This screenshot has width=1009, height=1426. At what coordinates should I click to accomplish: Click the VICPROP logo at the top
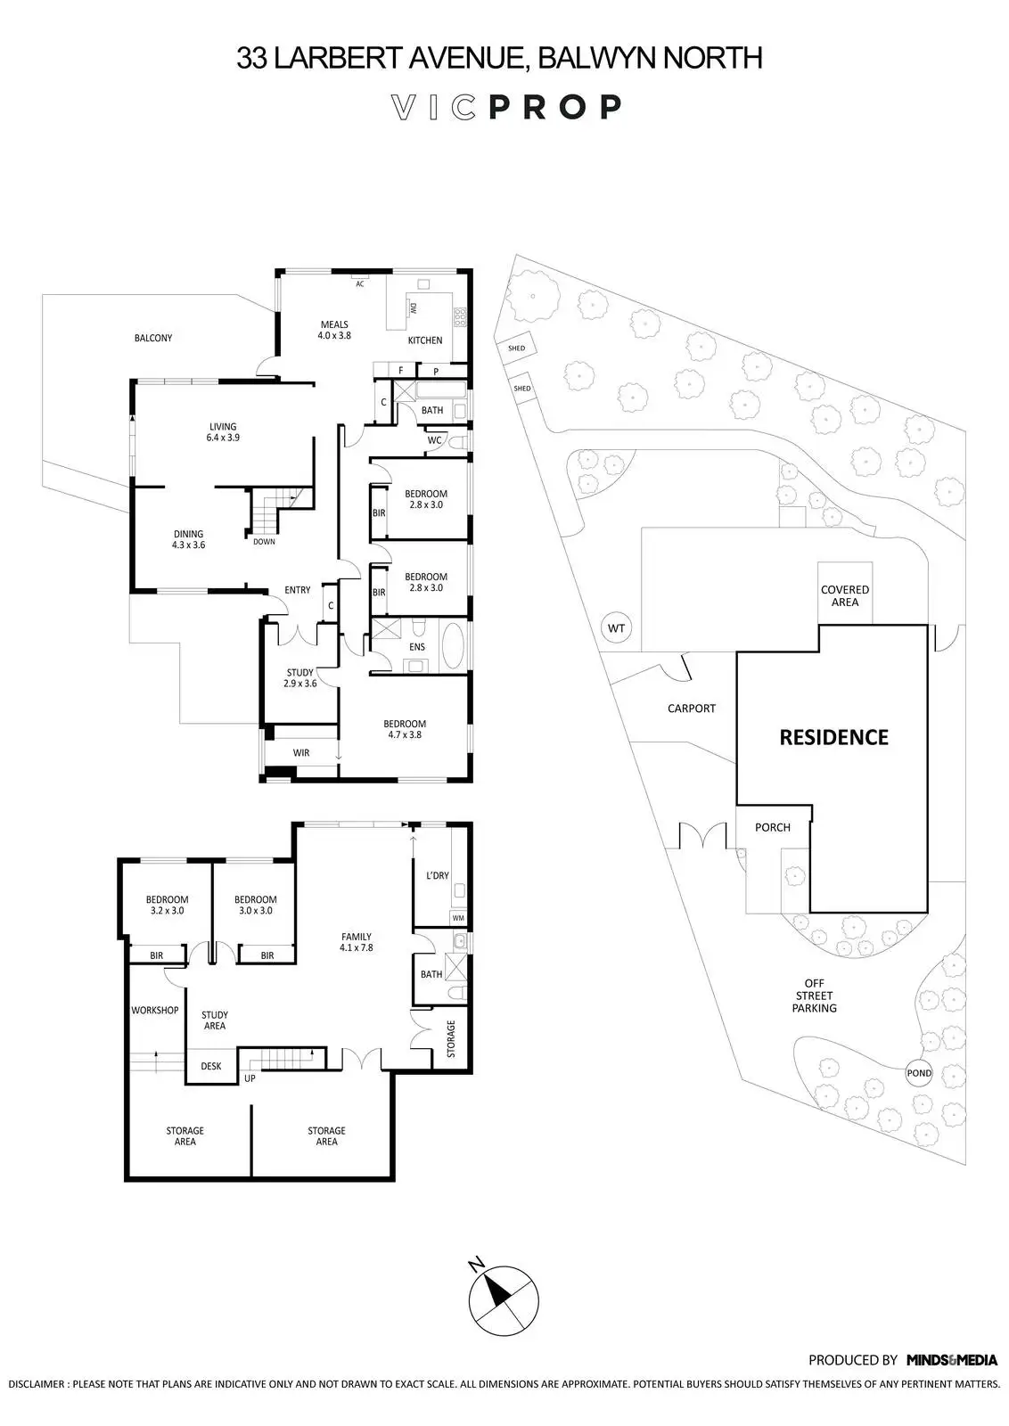[x=506, y=107]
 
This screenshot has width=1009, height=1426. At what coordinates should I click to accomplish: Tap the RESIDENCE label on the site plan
[x=833, y=737]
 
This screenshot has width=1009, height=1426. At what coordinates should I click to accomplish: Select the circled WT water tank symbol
[x=616, y=628]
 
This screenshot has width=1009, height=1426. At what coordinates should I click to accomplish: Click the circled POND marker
[x=919, y=1073]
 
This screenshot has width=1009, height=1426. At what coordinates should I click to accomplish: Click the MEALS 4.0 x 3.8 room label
[x=334, y=331]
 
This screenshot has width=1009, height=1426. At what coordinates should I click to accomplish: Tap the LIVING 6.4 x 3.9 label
[x=223, y=432]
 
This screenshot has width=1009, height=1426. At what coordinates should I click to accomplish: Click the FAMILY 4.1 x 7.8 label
[x=357, y=942]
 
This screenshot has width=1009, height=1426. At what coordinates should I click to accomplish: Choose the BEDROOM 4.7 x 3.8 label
[x=405, y=729]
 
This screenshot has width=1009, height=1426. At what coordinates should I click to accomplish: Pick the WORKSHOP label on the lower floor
[x=155, y=1011]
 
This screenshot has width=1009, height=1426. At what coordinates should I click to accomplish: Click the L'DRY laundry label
[x=438, y=875]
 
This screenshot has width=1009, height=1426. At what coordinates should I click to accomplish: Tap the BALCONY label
[x=153, y=339]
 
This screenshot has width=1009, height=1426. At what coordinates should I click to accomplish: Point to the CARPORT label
[x=692, y=709]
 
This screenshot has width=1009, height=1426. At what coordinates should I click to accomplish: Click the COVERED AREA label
[x=845, y=596]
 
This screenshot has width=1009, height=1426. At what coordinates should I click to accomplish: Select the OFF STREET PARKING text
[x=815, y=996]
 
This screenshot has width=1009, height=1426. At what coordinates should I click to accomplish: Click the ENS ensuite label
[x=417, y=647]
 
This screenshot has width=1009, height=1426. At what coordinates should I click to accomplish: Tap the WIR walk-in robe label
[x=301, y=753]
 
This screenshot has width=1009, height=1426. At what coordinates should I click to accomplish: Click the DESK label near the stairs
[x=211, y=1066]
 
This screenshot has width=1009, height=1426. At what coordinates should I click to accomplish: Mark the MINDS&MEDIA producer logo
[x=952, y=1385]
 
